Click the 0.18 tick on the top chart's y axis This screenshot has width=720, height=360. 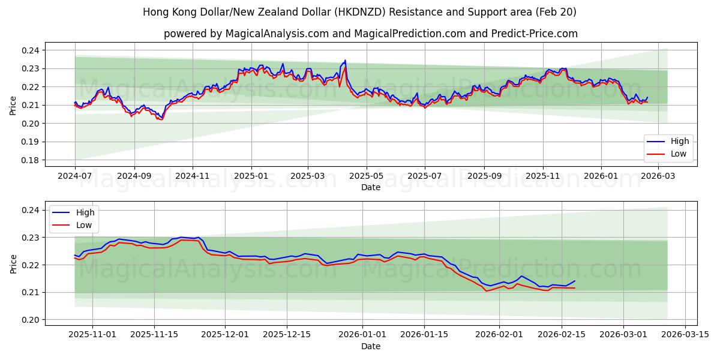tap(32, 160)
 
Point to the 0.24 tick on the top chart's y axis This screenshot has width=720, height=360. tap(32, 50)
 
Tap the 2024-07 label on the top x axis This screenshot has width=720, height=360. tap(75, 176)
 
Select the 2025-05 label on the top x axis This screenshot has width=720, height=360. tap(366, 176)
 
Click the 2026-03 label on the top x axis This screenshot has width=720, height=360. tap(659, 176)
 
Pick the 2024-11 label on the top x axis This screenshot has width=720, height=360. tap(193, 176)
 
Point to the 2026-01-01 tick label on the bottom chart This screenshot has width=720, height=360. tap(363, 335)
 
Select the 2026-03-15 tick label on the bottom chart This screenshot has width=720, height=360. tap(685, 335)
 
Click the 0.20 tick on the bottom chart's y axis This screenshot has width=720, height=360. tap(32, 320)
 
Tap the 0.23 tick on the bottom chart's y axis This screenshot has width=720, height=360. tap(32, 238)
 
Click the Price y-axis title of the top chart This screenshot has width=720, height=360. tap(13, 106)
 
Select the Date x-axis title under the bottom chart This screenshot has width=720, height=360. tap(370, 346)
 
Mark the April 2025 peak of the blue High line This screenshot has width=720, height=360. tap(345, 60)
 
